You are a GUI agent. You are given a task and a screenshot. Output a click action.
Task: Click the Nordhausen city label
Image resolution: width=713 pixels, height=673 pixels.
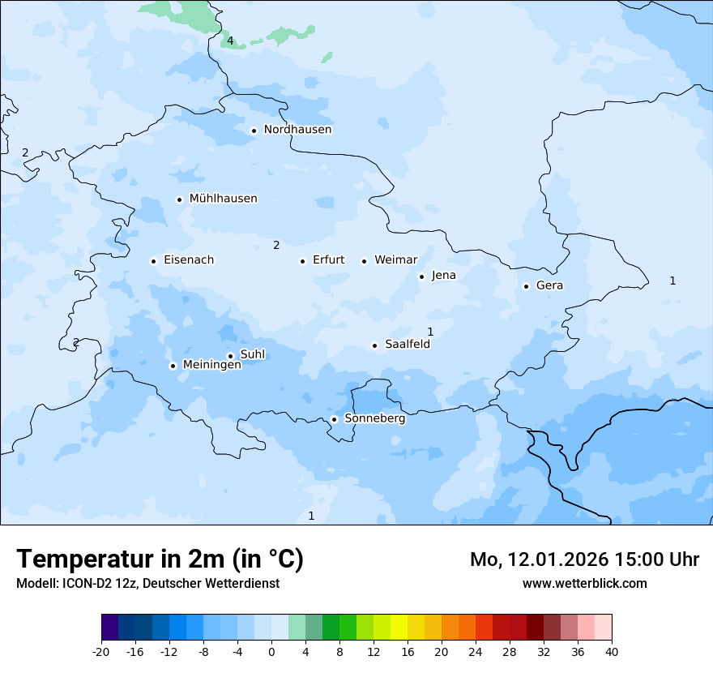click(x=297, y=130)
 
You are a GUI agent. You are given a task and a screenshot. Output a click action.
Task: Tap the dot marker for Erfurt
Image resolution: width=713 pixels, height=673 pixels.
click(x=302, y=261)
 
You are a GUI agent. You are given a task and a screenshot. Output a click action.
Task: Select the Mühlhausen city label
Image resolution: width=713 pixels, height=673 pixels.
click(x=223, y=199)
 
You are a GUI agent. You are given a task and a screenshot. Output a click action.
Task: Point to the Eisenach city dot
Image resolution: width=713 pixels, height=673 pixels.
click(x=153, y=261)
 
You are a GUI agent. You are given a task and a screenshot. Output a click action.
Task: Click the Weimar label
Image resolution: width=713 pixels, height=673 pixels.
click(x=395, y=260)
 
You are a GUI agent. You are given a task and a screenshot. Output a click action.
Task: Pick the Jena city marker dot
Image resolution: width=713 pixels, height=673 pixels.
click(x=421, y=276)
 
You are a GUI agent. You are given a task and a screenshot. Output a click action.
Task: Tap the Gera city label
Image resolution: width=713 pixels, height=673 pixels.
click(x=549, y=285)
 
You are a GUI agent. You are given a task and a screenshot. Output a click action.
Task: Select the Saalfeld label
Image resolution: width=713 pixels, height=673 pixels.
click(x=407, y=345)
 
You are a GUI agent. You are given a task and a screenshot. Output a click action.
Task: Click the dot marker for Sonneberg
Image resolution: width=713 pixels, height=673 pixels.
click(x=334, y=419)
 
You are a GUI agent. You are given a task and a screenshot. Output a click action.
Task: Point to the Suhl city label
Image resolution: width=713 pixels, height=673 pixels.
click(x=253, y=354)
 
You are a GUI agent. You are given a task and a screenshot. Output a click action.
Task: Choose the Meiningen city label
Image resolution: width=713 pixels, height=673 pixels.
click(x=211, y=365)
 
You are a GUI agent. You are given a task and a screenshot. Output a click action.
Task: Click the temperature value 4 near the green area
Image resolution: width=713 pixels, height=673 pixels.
click(x=230, y=41)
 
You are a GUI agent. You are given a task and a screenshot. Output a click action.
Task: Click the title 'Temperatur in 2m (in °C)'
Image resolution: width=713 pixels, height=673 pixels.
click(x=160, y=559)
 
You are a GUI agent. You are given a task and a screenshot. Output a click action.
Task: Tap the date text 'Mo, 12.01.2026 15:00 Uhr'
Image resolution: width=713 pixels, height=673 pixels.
click(x=584, y=559)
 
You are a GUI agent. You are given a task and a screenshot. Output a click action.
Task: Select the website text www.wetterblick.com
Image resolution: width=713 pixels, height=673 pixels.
click(x=584, y=583)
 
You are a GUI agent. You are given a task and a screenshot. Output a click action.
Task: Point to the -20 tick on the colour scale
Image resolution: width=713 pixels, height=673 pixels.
click(x=101, y=651)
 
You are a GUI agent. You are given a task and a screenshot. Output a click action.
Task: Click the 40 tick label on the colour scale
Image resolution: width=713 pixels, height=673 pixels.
click(x=611, y=651)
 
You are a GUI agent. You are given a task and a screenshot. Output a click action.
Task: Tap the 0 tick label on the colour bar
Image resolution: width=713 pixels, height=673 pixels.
click(x=271, y=651)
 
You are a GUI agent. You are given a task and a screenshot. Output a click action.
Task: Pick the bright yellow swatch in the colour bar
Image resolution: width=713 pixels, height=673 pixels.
click(x=399, y=627)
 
